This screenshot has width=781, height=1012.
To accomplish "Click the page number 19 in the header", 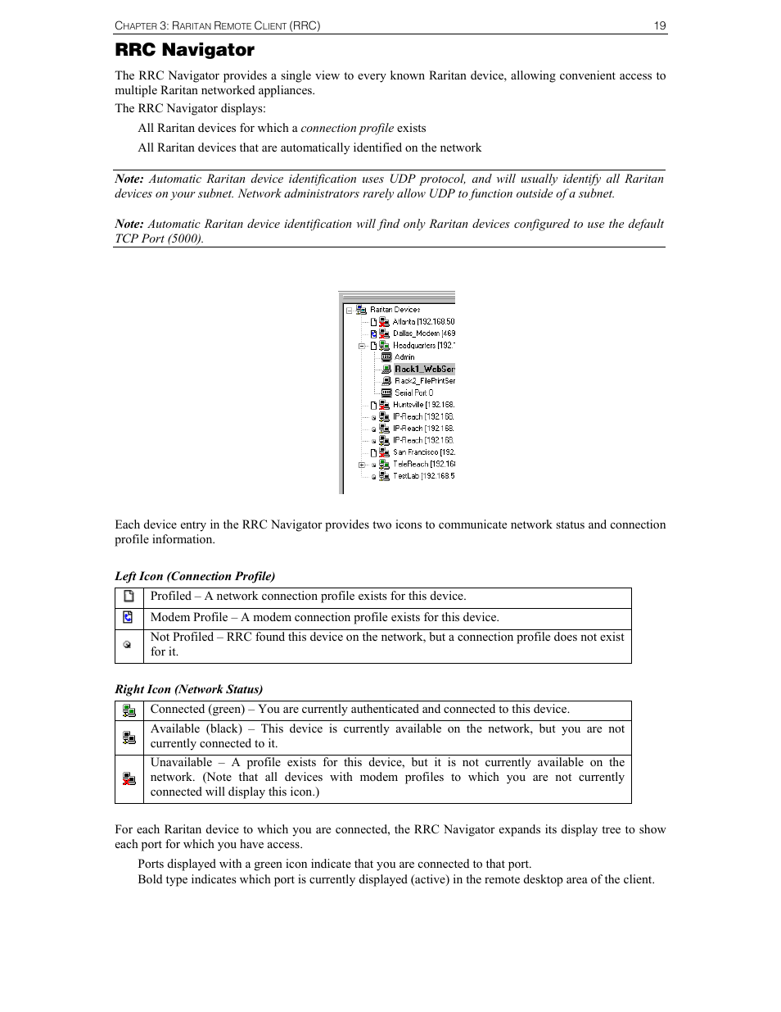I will (660, 26).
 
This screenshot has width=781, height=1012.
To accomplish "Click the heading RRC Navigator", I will (184, 50).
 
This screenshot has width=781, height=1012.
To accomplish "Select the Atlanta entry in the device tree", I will (422, 322).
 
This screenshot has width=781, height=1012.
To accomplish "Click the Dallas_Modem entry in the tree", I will (422, 334).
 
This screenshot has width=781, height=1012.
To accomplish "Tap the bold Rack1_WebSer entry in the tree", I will (424, 369).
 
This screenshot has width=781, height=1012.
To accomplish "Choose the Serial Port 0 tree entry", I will (413, 393).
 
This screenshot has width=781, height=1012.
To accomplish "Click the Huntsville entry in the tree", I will (422, 405).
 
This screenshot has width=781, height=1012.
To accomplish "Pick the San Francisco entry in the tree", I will (422, 452).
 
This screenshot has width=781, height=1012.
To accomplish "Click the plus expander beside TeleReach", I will (361, 465).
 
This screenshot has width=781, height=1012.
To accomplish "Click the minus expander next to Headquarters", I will (361, 346).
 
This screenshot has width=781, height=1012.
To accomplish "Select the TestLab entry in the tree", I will (422, 476).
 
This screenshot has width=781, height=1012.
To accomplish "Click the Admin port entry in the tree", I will (404, 357).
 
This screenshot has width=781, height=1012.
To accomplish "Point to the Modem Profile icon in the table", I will (128, 618).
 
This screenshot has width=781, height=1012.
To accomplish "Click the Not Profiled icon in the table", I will (128, 645).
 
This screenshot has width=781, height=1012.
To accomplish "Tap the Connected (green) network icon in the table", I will (129, 710).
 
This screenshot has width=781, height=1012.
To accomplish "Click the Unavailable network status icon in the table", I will (129, 778).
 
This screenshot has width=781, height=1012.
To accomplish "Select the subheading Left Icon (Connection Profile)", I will (195, 576).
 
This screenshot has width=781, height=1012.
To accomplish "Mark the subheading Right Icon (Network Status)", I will (188, 689).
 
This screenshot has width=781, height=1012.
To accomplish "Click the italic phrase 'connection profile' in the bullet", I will (347, 128).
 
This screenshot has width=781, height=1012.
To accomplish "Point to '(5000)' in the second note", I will (184, 238).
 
